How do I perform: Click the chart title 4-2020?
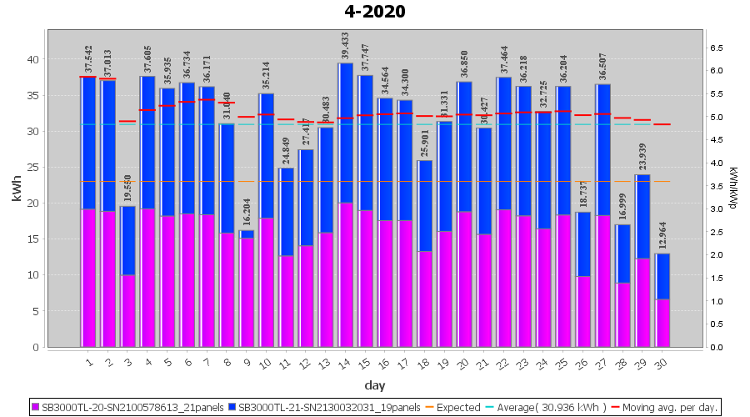(375, 12)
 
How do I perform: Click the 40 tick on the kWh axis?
(32, 59)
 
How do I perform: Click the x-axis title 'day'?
(375, 385)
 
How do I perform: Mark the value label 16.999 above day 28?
(623, 206)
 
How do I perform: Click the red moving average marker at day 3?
(127, 122)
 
